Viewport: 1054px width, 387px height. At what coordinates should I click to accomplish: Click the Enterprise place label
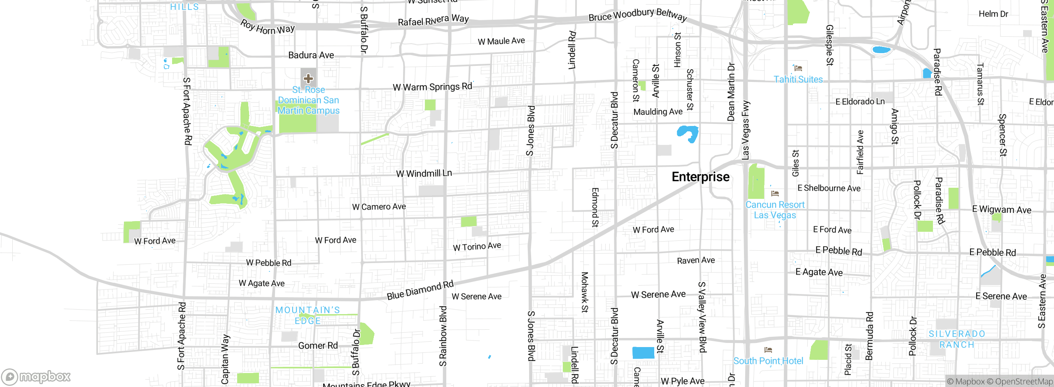tap(700, 177)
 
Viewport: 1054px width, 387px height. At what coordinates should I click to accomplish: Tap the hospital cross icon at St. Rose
tap(308, 78)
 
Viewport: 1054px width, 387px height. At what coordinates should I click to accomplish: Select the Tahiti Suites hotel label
tap(798, 79)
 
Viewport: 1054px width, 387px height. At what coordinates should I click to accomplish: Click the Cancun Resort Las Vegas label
tap(775, 210)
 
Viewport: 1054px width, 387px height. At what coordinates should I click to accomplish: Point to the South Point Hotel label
tap(768, 361)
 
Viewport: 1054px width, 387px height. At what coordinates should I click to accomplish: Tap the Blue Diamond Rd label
tap(420, 290)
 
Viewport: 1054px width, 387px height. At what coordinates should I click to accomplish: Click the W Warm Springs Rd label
tap(432, 87)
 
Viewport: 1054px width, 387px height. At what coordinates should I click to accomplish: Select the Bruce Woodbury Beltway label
tap(638, 15)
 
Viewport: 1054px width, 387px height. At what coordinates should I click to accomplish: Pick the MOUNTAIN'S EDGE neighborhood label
tap(308, 315)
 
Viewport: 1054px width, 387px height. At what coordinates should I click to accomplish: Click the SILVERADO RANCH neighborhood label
tap(957, 339)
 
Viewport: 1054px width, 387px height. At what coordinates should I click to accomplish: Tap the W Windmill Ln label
tap(424, 173)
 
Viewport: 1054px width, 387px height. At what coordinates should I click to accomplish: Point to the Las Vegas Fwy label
tap(746, 130)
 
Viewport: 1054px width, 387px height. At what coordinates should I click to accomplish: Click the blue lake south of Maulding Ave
tap(687, 133)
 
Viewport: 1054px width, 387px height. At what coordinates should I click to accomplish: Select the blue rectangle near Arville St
tap(643, 353)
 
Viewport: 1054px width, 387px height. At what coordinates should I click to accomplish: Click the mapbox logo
tap(36, 376)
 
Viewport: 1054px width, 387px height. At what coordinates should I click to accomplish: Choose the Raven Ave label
tap(696, 260)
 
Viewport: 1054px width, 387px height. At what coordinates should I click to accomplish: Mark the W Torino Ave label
tap(477, 246)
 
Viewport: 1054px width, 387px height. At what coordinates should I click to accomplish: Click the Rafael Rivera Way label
tap(433, 20)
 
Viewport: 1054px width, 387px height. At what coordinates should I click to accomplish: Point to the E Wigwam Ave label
tap(1002, 210)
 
